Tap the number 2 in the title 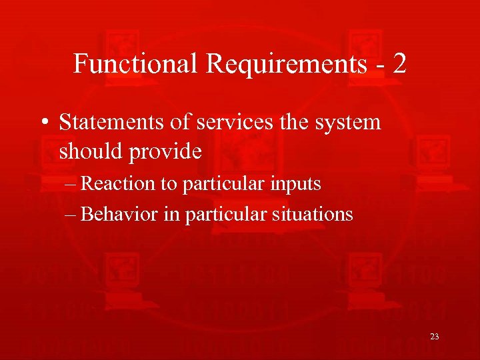399,64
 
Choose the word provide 169,153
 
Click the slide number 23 435,337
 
